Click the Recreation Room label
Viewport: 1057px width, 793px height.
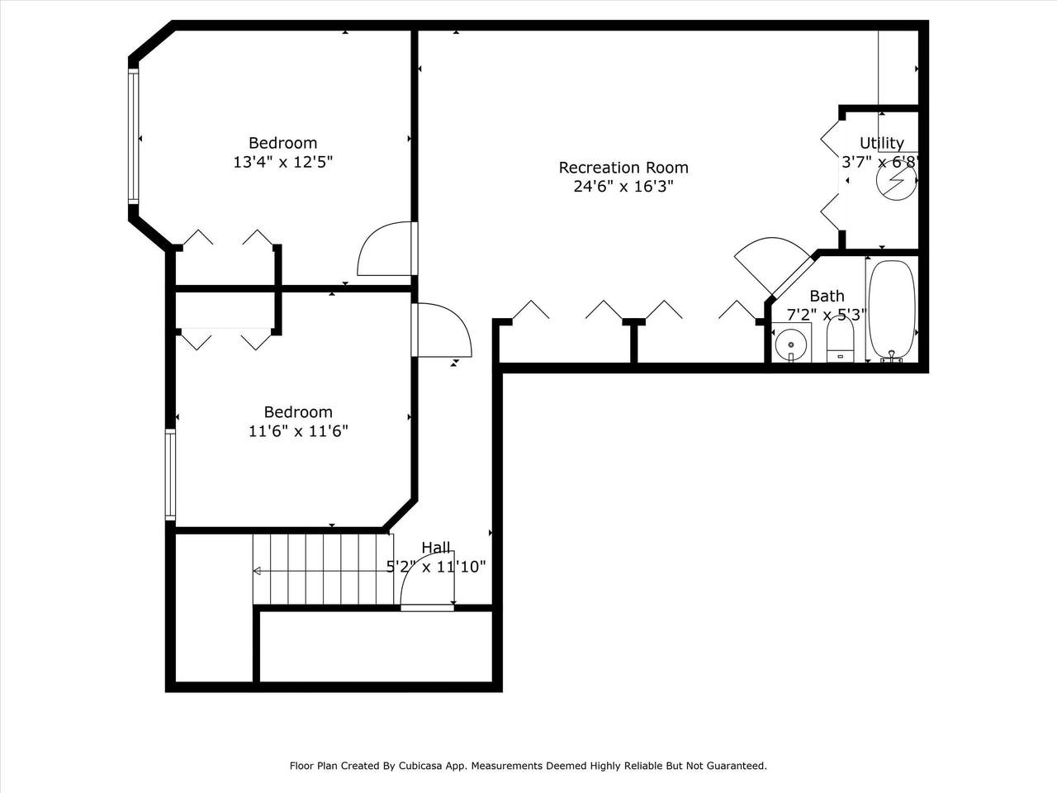[623, 168]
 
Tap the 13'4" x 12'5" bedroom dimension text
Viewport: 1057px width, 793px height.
[283, 162]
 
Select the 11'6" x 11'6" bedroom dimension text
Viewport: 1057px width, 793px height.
[298, 430]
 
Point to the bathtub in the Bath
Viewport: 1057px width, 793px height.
[892, 311]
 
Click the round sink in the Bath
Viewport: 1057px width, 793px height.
[791, 344]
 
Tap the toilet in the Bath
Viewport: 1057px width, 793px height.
[841, 339]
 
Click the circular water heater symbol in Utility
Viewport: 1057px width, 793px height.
[897, 179]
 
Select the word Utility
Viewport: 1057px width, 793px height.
[882, 143]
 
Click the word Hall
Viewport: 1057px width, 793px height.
[436, 548]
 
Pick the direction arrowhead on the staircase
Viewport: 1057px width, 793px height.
[257, 571]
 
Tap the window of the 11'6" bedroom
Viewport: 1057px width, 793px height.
[170, 475]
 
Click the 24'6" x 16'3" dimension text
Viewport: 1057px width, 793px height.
[623, 186]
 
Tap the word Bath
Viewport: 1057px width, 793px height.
[827, 296]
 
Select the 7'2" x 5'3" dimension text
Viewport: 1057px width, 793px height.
[827, 315]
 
